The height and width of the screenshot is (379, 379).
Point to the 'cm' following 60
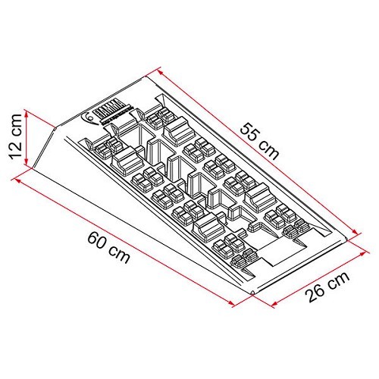click(x=118, y=252)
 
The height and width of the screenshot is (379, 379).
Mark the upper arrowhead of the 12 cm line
click(x=27, y=114)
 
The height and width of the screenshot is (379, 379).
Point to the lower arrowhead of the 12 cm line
click(x=28, y=162)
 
